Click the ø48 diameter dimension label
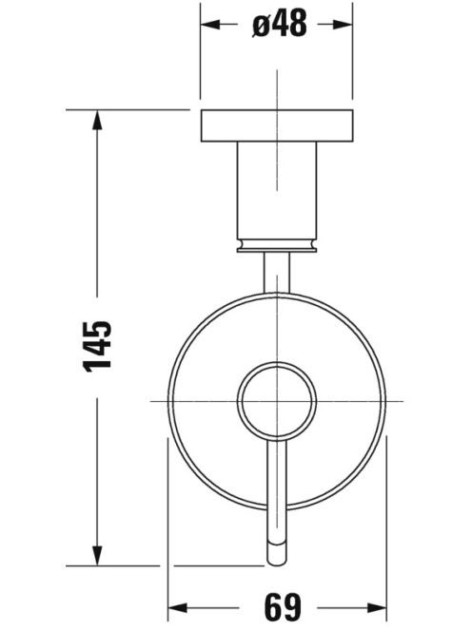click(280, 23)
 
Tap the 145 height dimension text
click(97, 346)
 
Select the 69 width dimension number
click(283, 607)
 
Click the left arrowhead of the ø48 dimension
click(210, 25)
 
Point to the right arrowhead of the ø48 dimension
click(343, 25)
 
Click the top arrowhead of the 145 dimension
click(97, 121)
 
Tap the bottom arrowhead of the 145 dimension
click(97, 555)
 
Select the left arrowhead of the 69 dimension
click(178, 607)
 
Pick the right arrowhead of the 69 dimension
click(377, 607)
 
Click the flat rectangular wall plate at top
click(277, 125)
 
